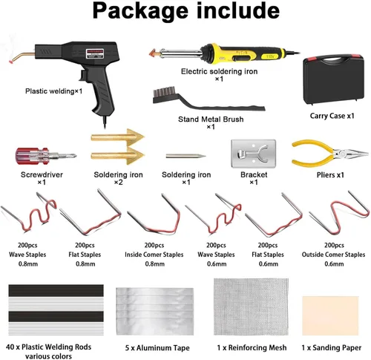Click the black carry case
coord(333,79)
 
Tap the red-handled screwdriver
coord(46,156)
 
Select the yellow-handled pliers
coord(329,154)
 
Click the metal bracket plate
coord(253,154)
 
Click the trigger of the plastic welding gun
coord(83,75)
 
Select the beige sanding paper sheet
coord(330,315)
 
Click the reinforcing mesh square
coord(251,307)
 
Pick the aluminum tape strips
coord(155,311)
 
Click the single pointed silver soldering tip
coord(185,156)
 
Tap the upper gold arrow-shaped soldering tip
coord(117,137)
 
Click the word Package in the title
coord(140,11)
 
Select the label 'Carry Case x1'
coord(332,116)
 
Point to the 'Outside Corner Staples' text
coord(333,255)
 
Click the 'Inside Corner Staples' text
coord(154,255)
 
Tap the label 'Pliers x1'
coord(330,175)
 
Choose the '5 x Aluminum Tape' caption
coord(157,348)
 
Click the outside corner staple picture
coord(340,213)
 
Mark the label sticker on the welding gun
coord(94,53)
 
